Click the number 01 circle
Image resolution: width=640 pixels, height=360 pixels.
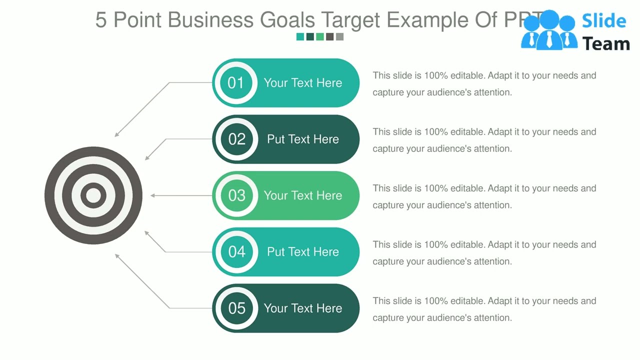[235, 83]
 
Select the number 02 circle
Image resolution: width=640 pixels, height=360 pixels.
[236, 139]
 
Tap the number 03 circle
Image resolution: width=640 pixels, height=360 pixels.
[236, 195]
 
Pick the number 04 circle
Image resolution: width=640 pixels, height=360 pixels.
[236, 251]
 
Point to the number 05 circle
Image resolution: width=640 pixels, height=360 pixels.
[236, 308]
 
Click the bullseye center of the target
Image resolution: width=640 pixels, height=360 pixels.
[93, 195]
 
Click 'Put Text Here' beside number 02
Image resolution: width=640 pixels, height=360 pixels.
[303, 139]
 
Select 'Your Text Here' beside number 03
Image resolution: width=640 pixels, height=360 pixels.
[303, 195]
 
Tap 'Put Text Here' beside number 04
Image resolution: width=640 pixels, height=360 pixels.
[303, 251]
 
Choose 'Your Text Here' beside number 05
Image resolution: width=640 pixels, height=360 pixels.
[303, 308]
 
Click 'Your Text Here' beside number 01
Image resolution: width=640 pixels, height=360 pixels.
[303, 83]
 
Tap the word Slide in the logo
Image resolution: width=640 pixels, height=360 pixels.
[604, 21]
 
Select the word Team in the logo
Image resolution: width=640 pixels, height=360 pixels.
[606, 44]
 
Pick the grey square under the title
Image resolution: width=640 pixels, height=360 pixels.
[340, 36]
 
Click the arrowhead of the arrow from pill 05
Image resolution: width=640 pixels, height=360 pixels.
[117, 255]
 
